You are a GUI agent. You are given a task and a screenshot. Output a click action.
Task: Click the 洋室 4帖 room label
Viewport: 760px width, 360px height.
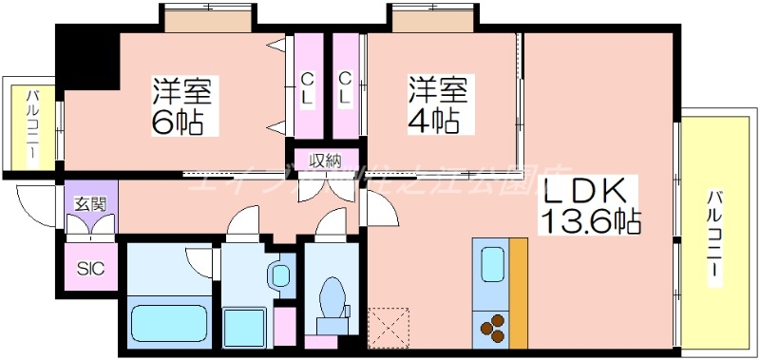(436, 106)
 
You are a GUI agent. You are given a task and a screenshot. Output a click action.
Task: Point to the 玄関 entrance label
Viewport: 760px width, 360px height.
(90, 202)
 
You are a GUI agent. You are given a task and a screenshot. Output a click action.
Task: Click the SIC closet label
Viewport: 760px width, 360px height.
(90, 268)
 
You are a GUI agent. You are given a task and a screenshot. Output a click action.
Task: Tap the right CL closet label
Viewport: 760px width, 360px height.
(345, 87)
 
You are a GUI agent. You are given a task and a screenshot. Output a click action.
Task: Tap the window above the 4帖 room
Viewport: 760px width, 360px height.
(432, 19)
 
